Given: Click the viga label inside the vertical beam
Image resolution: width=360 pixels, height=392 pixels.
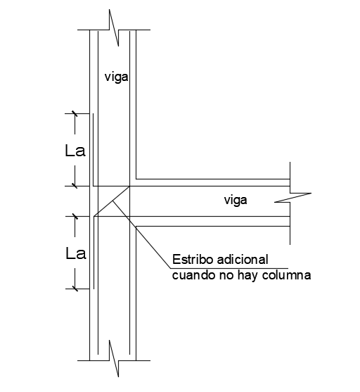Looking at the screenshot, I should (116, 75).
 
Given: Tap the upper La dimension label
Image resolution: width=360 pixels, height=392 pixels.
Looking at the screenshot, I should (75, 150).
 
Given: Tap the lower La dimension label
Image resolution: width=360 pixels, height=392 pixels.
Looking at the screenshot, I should (75, 253).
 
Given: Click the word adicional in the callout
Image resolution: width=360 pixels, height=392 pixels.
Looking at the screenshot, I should (244, 261).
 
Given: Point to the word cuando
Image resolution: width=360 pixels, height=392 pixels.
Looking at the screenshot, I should (191, 276).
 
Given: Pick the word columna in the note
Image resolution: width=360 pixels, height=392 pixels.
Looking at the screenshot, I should (286, 276).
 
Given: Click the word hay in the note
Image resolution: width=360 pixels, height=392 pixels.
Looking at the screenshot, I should (248, 276).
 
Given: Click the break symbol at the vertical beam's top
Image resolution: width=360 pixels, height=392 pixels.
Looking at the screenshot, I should (115, 22).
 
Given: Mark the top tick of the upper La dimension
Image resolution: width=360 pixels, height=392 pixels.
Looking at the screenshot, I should (73, 113).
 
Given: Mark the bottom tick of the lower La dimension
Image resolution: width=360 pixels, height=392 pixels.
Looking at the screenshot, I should (73, 287).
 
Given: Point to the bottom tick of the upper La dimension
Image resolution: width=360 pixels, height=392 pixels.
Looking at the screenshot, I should (73, 186).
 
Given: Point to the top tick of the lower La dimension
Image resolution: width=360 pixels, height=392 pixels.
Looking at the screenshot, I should (73, 216).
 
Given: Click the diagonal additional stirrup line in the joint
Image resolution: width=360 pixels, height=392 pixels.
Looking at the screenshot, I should (111, 202).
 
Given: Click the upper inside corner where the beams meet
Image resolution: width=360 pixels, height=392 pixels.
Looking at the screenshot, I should (136, 178).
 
